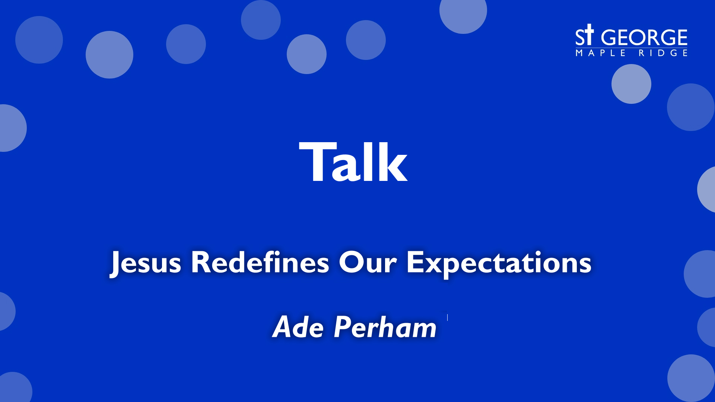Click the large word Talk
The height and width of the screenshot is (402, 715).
tap(353, 163)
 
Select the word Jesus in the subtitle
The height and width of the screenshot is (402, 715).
tap(146, 263)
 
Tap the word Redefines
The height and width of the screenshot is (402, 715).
tap(260, 263)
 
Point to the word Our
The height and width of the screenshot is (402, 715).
tap(368, 263)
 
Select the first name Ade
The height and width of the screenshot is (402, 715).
tap(298, 327)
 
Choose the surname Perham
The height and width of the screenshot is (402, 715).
tap(385, 327)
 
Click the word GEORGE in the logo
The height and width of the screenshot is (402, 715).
tap(644, 38)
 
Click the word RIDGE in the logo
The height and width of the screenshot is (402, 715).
tap(663, 53)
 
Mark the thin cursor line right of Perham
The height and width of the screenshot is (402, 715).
tap(447, 318)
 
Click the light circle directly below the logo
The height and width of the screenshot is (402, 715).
tap(631, 84)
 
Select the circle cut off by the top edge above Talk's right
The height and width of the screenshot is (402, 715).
tap(463, 13)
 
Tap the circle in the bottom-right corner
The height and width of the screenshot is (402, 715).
tap(691, 378)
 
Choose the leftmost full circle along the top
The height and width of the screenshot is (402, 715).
tap(39, 40)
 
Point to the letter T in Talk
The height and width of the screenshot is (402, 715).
tap(315, 162)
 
